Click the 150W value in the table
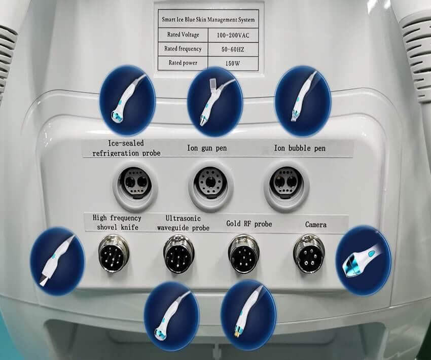click(233, 63)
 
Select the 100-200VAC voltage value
click(233, 35)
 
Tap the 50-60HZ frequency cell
click(233, 50)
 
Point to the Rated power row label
click(183, 63)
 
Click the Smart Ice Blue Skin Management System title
click(208, 19)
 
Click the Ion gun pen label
click(207, 148)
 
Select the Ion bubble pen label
click(300, 148)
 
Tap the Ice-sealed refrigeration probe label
click(126, 148)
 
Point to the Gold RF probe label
click(249, 224)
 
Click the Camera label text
click(316, 225)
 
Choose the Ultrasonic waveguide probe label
click(184, 223)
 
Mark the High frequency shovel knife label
click(117, 223)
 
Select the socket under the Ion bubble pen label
click(286, 183)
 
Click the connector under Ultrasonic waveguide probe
click(178, 254)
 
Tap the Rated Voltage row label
click(183, 34)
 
